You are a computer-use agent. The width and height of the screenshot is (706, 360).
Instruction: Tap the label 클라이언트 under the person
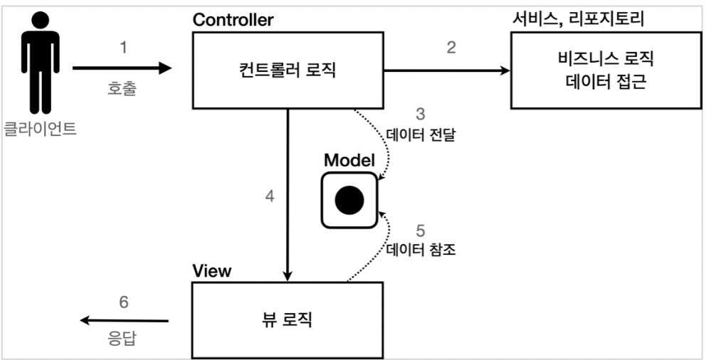coord(40,130)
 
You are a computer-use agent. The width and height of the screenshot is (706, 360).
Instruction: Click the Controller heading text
coord(233,19)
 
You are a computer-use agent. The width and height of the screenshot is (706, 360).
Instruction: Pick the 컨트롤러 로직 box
coord(288,70)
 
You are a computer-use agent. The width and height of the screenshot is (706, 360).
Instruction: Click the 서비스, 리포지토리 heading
coord(578,18)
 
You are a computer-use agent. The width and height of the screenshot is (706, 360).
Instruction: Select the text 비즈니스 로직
coord(606,58)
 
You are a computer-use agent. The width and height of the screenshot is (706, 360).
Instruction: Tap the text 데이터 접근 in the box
coord(606,83)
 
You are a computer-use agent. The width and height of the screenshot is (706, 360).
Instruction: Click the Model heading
coord(349,160)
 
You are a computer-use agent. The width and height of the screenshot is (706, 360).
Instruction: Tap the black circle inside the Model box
coord(349,202)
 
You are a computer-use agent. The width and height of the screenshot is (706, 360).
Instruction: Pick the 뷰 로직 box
coord(288,319)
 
